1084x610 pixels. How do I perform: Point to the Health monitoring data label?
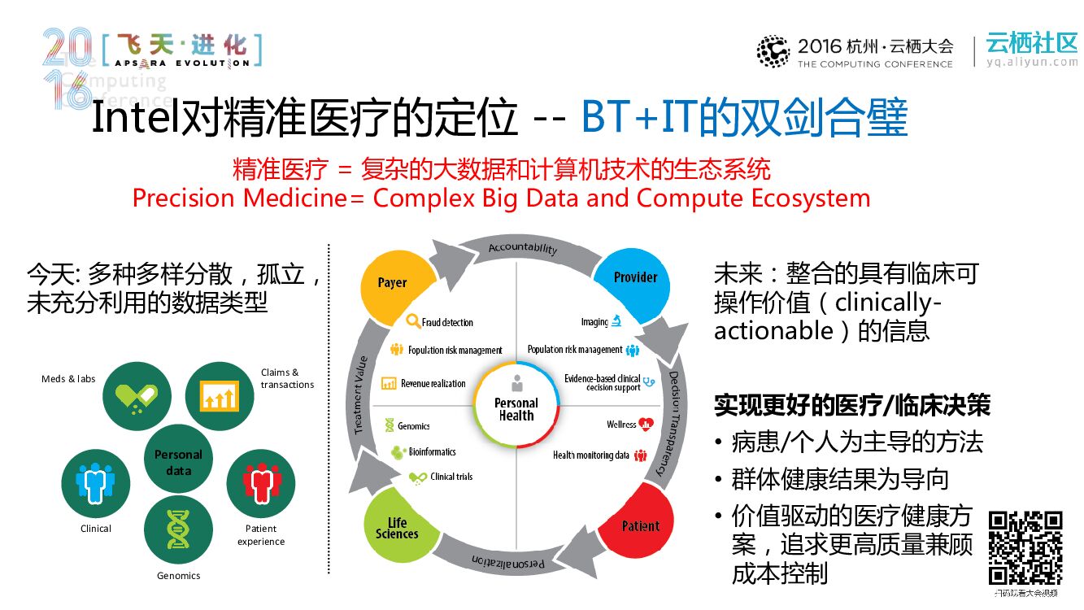point(591,455)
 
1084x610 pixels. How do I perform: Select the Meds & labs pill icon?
point(137,396)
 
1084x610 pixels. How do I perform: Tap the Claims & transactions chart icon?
point(220,396)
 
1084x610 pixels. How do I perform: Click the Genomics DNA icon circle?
point(178,529)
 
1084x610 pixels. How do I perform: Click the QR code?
point(1025,547)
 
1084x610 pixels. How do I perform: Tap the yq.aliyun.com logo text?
point(1031,62)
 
